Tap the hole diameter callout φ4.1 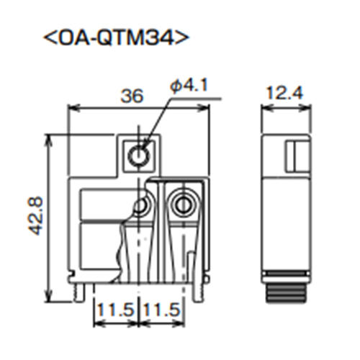click(x=189, y=86)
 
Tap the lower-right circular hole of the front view click(x=184, y=206)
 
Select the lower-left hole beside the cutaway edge click(x=142, y=207)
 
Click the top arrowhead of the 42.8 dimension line click(x=49, y=138)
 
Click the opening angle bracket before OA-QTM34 click(x=50, y=38)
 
